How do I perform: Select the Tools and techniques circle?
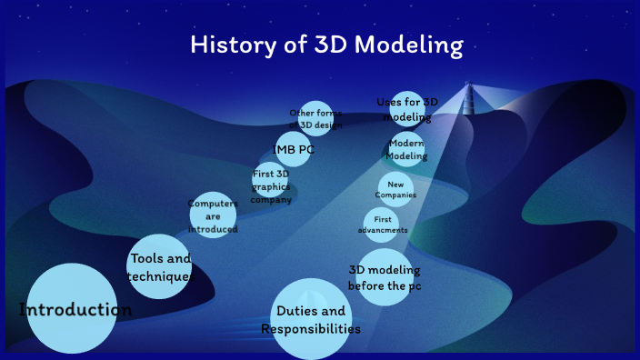[x=159, y=266]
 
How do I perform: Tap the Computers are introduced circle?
[x=213, y=215]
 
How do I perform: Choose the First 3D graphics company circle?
[x=272, y=184]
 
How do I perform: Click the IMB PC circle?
[x=294, y=149]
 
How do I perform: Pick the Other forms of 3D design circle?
[x=315, y=118]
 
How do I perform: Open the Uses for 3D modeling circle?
[x=407, y=108]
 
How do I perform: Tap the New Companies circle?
[x=395, y=189]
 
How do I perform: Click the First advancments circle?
[x=382, y=225]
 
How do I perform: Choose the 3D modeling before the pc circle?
[x=385, y=277]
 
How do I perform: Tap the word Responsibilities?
[x=311, y=329]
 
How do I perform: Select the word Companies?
[x=395, y=195]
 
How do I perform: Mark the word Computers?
[x=213, y=204]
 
